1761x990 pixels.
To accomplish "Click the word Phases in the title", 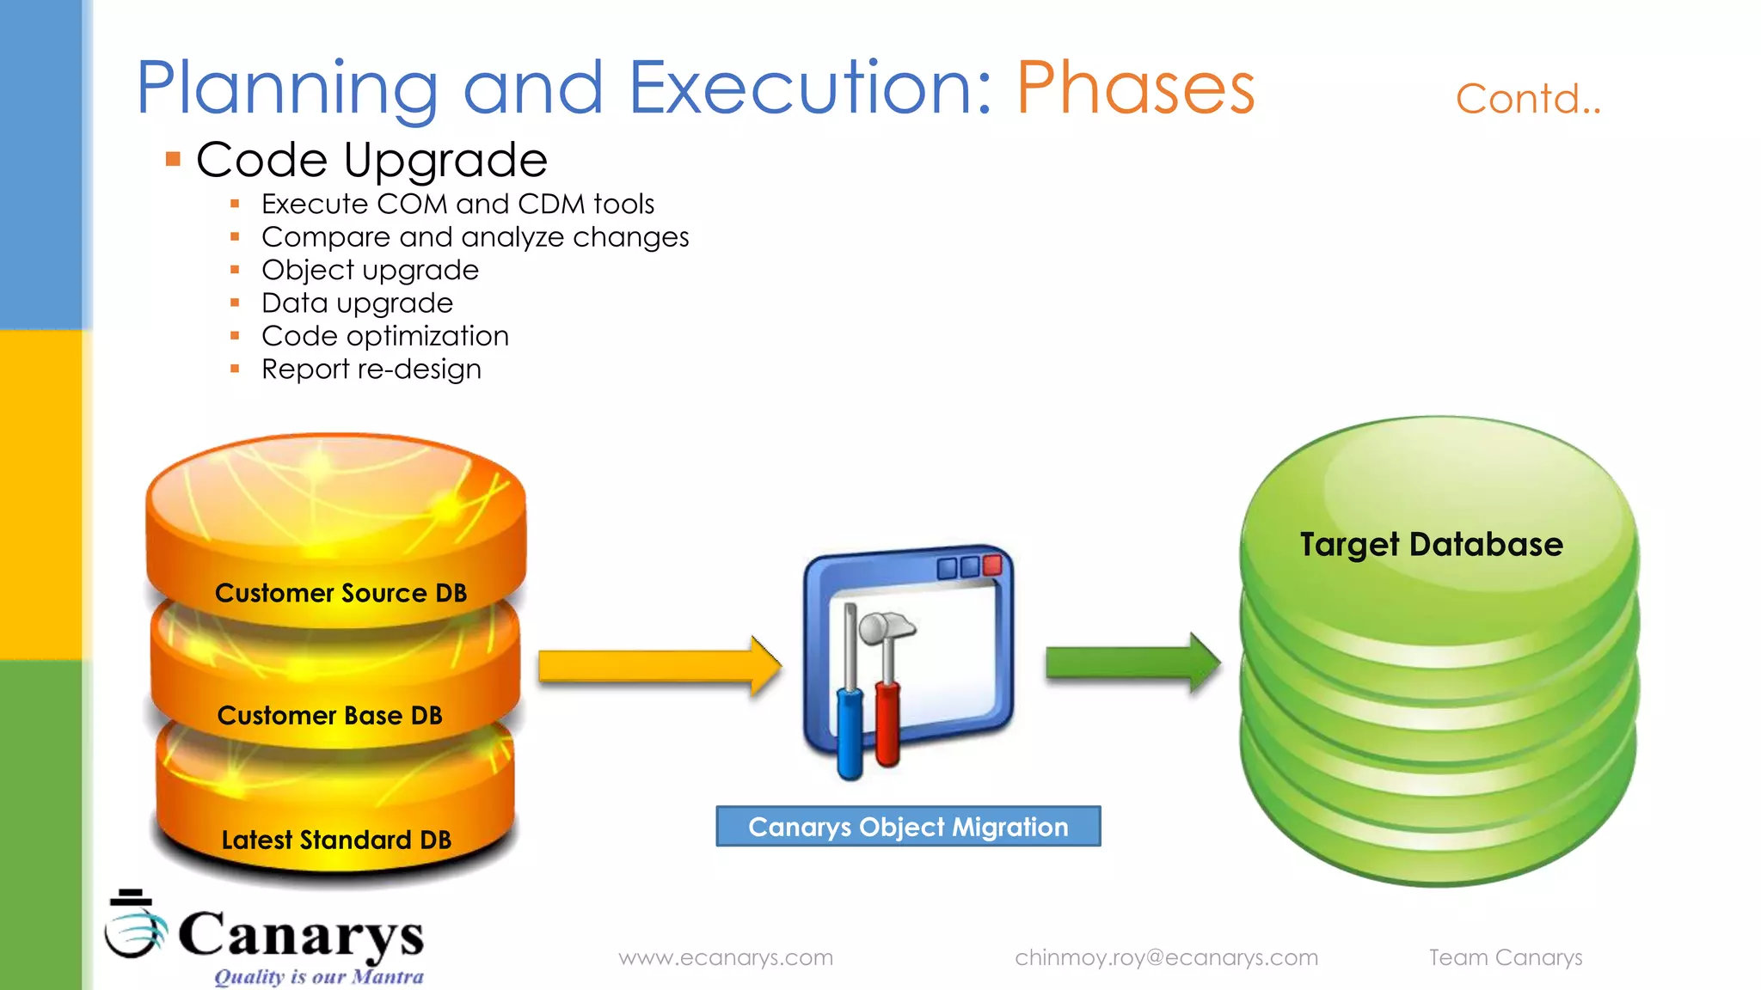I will (1135, 88).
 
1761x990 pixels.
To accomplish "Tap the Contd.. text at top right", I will (1527, 100).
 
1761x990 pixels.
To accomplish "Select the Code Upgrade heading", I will (371, 160).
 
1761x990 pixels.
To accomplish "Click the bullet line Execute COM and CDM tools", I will (457, 205).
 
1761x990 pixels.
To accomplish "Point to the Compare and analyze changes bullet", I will (475, 237).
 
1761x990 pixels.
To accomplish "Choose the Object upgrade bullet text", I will (370, 270).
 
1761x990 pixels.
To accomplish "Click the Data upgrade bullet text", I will (357, 303).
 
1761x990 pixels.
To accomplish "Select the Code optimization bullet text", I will (384, 336).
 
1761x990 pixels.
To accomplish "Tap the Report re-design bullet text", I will (371, 370).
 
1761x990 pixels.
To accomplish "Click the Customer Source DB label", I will (341, 593).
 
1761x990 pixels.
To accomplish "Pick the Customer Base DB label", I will (329, 715).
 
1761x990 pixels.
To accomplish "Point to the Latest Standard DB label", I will (336, 840).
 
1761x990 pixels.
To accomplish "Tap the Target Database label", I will (1431, 545).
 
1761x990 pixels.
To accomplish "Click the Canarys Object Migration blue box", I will (908, 827).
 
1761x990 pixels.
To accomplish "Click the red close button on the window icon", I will (992, 565).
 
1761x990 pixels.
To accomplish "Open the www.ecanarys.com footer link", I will (726, 957).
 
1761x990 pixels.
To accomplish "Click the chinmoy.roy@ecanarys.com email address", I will (1166, 957).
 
